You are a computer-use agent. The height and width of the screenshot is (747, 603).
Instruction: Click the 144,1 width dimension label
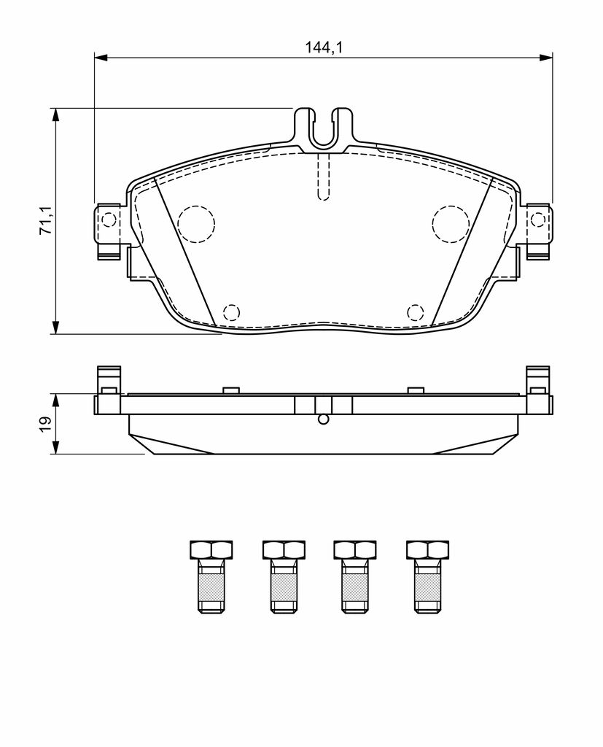tap(324, 47)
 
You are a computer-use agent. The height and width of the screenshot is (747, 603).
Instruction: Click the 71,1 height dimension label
tap(46, 221)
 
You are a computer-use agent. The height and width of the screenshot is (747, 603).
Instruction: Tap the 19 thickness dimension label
tap(46, 423)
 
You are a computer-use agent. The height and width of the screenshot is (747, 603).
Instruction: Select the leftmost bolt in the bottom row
tap(211, 576)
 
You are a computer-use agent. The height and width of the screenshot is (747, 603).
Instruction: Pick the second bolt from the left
tap(284, 576)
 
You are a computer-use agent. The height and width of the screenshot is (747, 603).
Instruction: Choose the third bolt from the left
tap(355, 576)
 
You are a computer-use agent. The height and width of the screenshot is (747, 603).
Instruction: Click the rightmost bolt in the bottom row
tap(428, 576)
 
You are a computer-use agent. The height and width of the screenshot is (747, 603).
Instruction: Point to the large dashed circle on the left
tap(196, 224)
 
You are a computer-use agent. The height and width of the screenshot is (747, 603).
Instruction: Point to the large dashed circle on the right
tap(451, 224)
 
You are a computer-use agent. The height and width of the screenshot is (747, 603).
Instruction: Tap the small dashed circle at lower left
tap(231, 312)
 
